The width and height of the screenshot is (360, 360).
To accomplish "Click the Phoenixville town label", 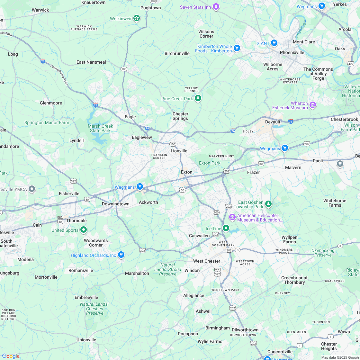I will point(292,52).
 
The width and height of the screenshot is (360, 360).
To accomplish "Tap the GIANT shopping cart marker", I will point(274,43).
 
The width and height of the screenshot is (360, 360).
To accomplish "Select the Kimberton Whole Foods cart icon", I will point(237,48).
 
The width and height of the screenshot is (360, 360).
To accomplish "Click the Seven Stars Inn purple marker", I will point(216,7).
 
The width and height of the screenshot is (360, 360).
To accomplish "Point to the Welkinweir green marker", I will point(137,18).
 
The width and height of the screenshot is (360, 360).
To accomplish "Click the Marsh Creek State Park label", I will point(100,128).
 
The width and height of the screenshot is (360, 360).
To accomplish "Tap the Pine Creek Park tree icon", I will point(198,98).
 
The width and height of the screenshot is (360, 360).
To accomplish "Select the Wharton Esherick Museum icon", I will point(312,105).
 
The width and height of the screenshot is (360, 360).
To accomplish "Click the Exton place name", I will point(186,172).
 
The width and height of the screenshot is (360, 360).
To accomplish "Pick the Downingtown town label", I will point(115,204).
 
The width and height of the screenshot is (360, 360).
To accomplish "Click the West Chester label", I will point(207,261).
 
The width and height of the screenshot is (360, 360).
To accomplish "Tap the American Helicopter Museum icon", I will point(232,218).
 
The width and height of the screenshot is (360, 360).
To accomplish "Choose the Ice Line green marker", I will point(226,228).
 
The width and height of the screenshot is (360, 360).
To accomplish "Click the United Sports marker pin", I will point(84,230).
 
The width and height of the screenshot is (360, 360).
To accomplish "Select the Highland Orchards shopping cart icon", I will point(121,255).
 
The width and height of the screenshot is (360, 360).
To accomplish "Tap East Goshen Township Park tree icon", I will point(268,204).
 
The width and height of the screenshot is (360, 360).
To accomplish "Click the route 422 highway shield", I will point(351,64).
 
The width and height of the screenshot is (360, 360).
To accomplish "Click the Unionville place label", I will point(86,340).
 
